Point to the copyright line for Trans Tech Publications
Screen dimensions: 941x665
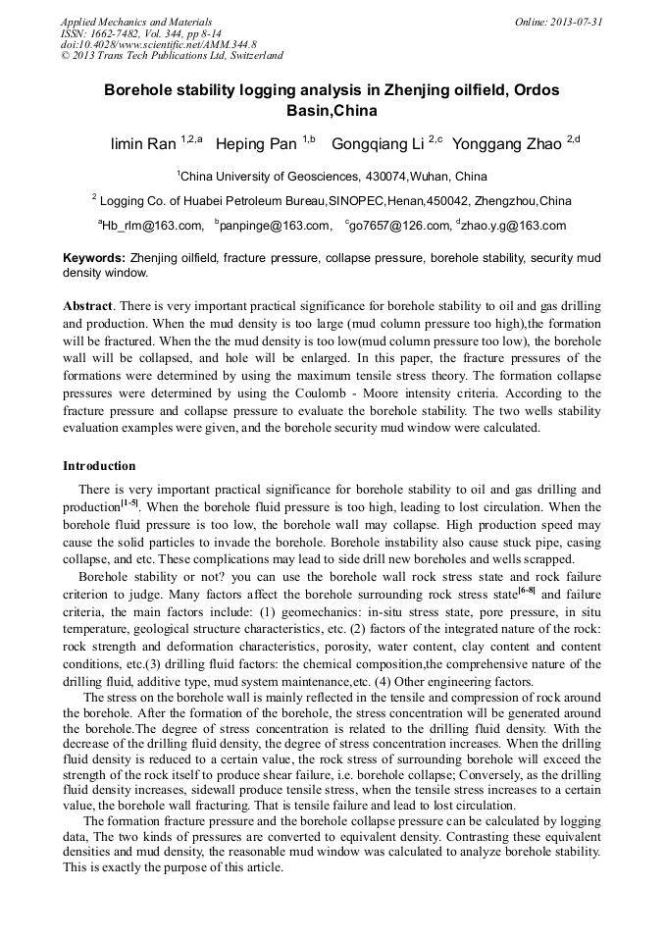coord(172,56)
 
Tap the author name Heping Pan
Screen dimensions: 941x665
coord(254,145)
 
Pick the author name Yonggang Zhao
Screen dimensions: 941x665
coord(508,145)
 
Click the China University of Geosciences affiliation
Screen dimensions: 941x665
coord(333,177)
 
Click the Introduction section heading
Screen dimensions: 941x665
coord(99,465)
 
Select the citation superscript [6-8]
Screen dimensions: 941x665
coord(525,591)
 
